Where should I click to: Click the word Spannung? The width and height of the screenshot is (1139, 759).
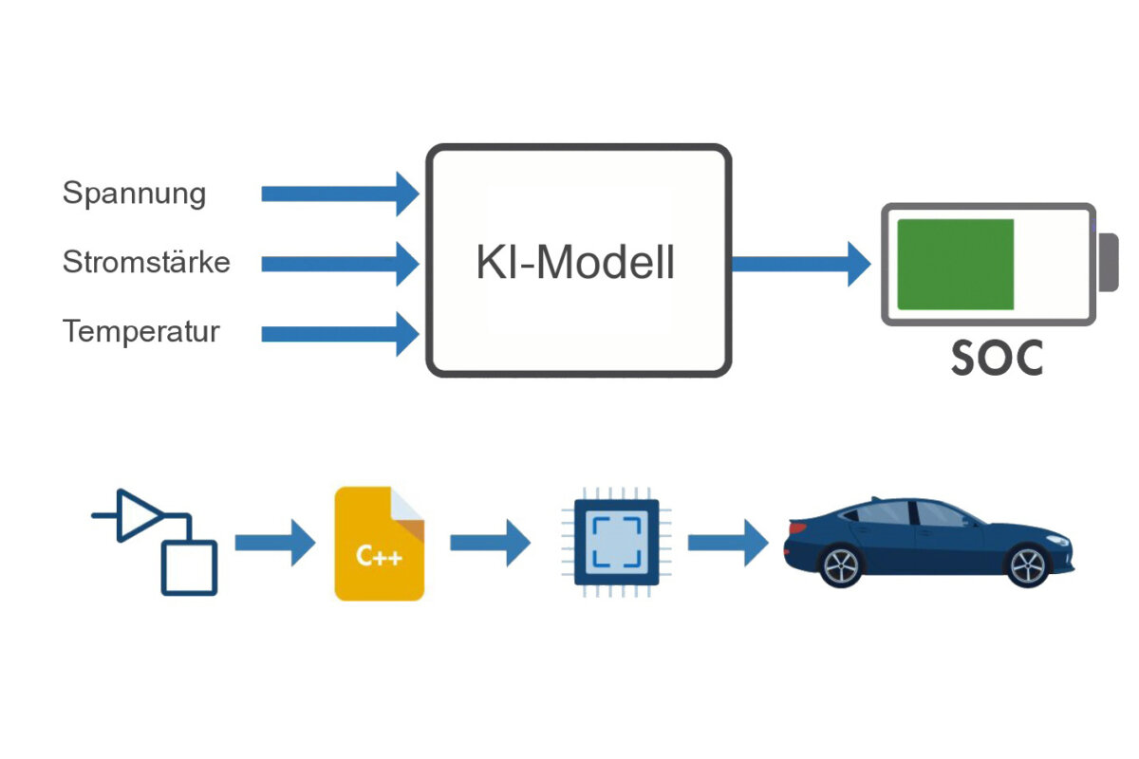(134, 194)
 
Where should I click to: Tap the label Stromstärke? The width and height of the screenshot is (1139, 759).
(146, 262)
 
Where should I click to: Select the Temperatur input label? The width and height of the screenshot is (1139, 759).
(141, 332)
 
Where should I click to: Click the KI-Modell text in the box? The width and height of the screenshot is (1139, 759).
(575, 263)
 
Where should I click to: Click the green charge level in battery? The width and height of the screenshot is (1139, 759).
(955, 264)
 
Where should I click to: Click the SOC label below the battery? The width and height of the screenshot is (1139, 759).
(997, 358)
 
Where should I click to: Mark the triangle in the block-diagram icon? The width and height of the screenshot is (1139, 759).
(139, 516)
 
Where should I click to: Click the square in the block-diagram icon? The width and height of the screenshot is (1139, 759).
(190, 567)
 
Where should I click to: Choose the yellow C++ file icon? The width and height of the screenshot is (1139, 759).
(379, 544)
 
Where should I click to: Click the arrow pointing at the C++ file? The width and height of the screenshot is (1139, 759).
(274, 543)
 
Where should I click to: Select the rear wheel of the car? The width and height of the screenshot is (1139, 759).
(842, 566)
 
